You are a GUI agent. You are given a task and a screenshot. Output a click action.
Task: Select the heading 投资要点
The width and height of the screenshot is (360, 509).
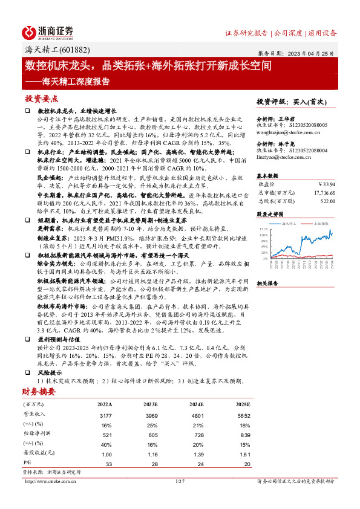point(42,99)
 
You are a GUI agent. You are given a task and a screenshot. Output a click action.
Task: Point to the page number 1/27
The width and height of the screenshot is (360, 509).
point(179,481)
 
